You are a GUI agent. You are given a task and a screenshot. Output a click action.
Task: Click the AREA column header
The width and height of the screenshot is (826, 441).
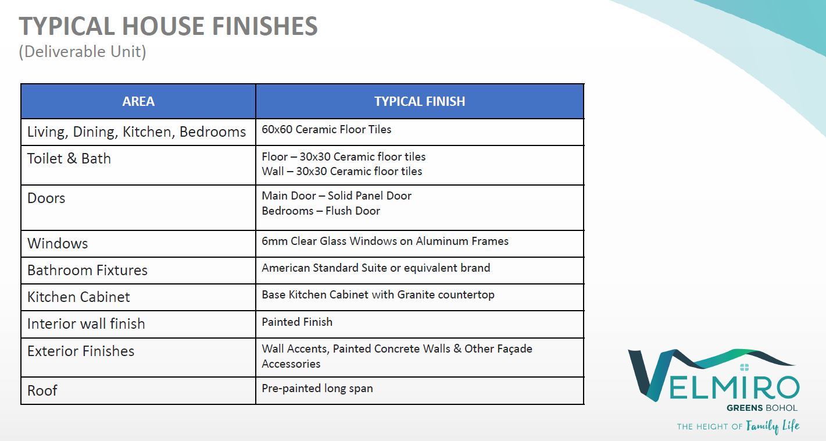138,101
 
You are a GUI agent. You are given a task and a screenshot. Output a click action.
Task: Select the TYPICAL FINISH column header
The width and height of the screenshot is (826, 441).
420,101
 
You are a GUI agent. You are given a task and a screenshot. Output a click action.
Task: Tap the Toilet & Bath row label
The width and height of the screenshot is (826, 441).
69,158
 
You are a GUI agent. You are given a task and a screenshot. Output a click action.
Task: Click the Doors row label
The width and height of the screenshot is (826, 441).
46,198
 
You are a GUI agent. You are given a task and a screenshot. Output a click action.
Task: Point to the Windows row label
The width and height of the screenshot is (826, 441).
58,244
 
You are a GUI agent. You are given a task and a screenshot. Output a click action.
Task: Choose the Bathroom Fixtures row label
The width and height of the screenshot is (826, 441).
87,270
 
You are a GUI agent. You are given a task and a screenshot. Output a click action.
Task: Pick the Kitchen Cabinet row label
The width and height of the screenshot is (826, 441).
78,297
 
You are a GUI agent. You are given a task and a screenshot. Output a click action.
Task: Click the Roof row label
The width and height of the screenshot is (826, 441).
42,390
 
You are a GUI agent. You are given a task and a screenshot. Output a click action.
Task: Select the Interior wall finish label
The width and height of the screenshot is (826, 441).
86,323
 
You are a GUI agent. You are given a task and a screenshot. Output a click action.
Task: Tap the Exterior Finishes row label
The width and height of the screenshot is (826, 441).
81,351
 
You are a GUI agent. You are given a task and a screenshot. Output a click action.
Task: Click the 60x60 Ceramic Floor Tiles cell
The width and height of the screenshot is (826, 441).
326,130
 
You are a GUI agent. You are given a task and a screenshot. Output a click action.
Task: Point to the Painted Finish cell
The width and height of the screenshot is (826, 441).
297,322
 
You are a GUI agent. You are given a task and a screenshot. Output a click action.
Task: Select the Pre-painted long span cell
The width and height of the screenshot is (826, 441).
317,388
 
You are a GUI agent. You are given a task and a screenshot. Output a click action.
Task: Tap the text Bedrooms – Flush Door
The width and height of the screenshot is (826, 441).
321,211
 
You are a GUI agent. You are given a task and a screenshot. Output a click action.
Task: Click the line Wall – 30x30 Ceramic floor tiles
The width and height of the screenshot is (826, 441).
342,171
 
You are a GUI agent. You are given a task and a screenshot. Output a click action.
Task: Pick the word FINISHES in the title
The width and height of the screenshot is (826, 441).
264,26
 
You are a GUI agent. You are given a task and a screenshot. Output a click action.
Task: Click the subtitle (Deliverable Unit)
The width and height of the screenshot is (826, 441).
83,52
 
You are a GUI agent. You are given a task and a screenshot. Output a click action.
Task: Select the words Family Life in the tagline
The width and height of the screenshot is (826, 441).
773,426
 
